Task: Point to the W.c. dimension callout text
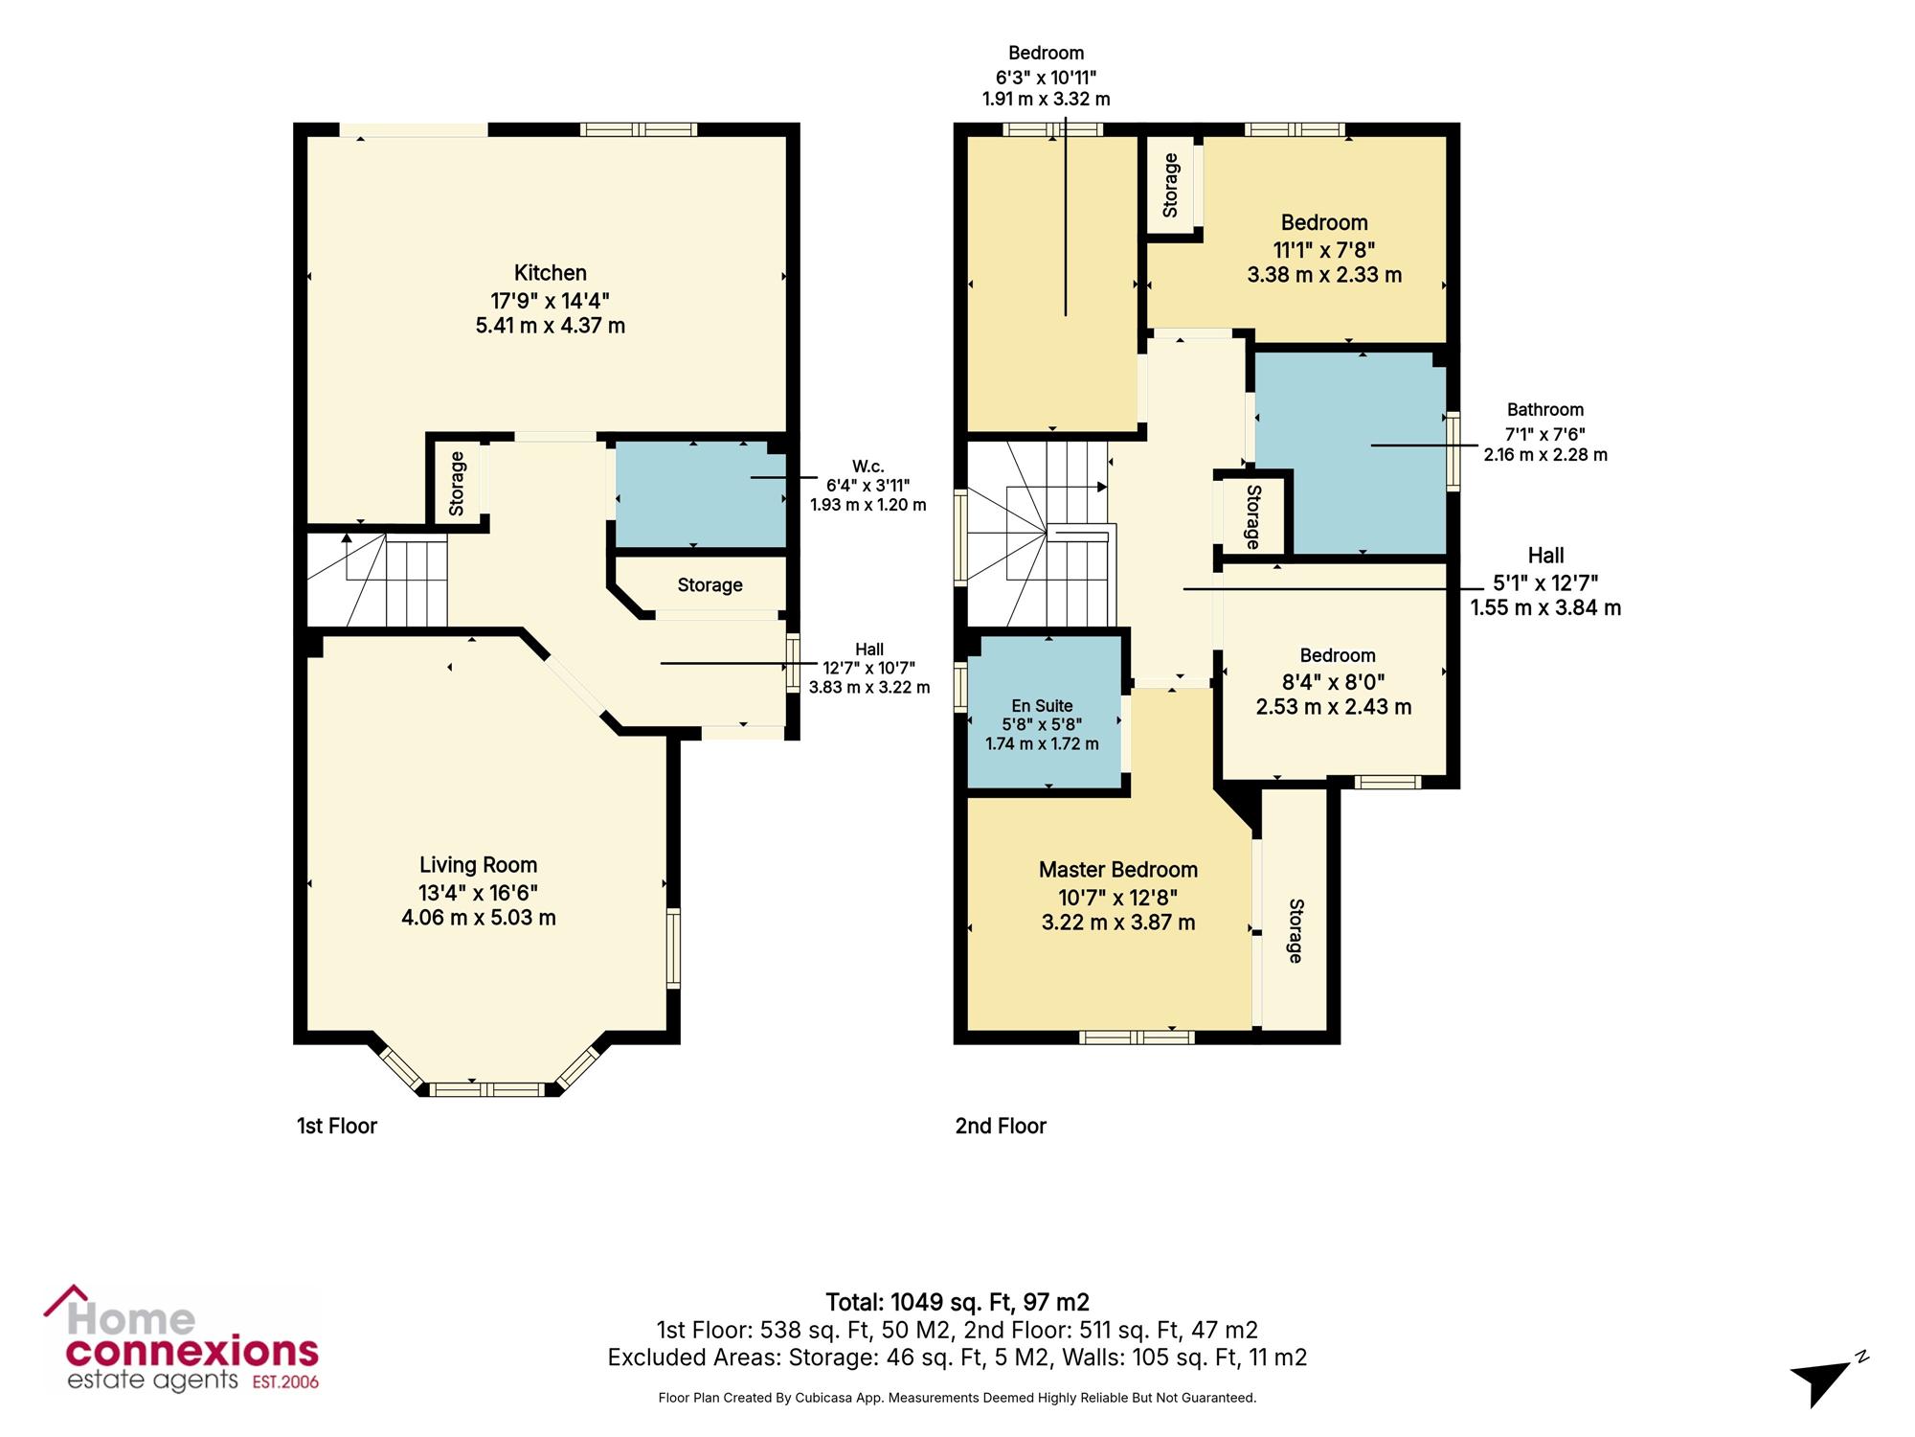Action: click(x=868, y=485)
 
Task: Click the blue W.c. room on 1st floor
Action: click(x=700, y=494)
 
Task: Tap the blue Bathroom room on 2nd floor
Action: click(x=1350, y=453)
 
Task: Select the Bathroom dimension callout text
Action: click(x=1545, y=432)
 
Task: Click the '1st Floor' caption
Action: click(x=337, y=1126)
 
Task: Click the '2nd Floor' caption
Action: click(x=1001, y=1126)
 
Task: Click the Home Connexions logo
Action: click(x=182, y=1339)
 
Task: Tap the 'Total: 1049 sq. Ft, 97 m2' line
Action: click(x=957, y=1302)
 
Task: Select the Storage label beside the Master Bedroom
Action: click(x=1295, y=930)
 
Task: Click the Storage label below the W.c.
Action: click(x=710, y=584)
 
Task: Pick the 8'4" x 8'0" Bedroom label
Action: click(x=1334, y=681)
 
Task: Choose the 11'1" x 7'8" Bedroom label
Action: click(x=1324, y=249)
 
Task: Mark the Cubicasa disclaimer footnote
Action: click(x=957, y=1398)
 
